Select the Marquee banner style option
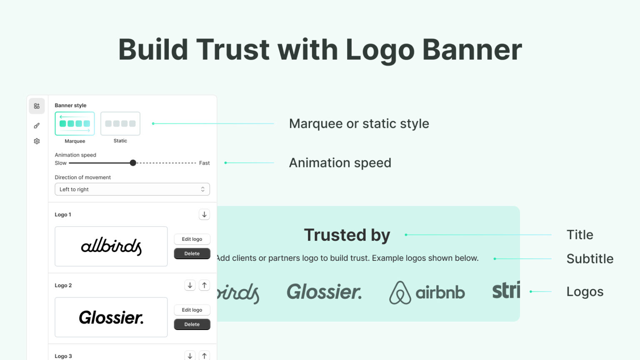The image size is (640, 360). (x=75, y=124)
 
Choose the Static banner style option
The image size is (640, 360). (x=120, y=124)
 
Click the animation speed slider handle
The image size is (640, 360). (x=133, y=163)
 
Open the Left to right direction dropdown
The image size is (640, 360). (x=132, y=189)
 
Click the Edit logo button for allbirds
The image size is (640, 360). (x=192, y=239)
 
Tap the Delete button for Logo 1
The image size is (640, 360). (x=192, y=253)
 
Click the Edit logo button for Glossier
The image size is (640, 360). (x=192, y=310)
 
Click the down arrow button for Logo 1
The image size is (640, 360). (x=204, y=215)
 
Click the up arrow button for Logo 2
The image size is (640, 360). (x=204, y=285)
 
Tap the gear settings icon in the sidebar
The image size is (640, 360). (x=37, y=141)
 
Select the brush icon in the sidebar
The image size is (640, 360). (x=37, y=125)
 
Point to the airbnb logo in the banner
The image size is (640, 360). (x=427, y=292)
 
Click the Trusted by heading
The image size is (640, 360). (x=347, y=235)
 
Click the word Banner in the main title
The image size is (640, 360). (x=472, y=50)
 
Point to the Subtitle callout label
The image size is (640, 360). (x=590, y=259)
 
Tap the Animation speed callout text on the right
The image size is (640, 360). (x=340, y=163)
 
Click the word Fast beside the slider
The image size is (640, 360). (x=204, y=163)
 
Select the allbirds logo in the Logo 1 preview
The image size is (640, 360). (x=111, y=246)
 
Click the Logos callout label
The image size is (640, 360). (x=585, y=292)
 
